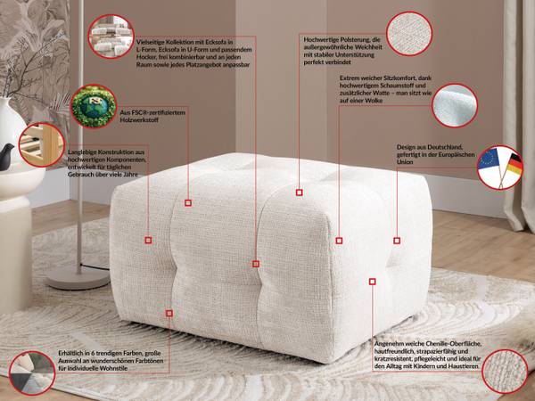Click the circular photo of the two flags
click(x=500, y=168)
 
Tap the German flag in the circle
click(x=514, y=163)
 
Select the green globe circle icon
click(x=94, y=106)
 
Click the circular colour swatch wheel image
click(x=32, y=373)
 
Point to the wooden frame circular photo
click(x=41, y=144)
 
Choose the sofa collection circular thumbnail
click(x=111, y=37)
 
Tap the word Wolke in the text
click(x=374, y=101)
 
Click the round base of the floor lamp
click(x=78, y=277)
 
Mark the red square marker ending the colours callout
click(x=169, y=314)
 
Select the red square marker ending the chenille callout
click(x=372, y=282)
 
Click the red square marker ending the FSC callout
click(x=188, y=203)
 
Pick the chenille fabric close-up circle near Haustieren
click(x=506, y=372)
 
